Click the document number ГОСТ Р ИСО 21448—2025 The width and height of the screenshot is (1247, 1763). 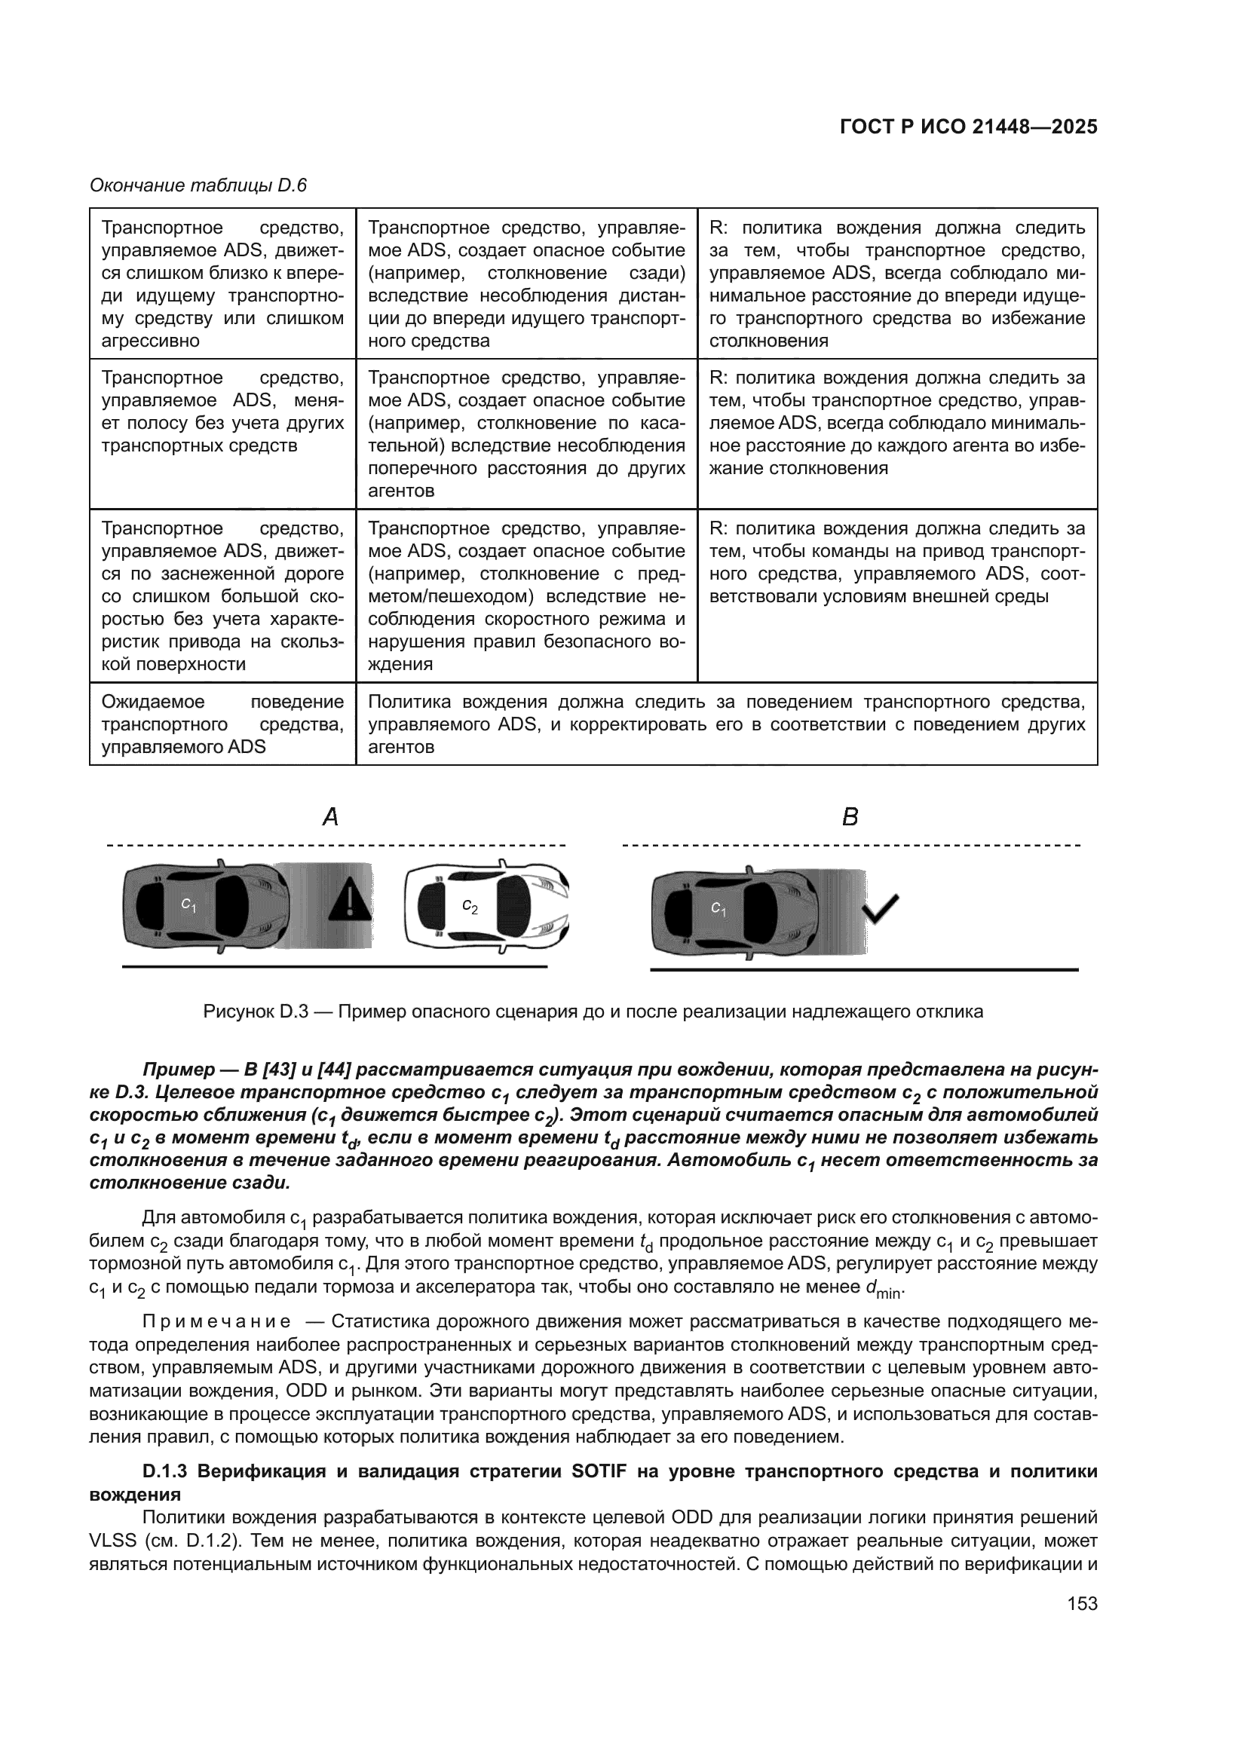point(968,127)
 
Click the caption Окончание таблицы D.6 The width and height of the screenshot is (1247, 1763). point(198,186)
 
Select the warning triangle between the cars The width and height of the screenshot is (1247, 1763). point(349,899)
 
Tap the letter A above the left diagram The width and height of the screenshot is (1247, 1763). point(330,817)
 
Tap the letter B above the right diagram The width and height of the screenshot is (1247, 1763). point(850,817)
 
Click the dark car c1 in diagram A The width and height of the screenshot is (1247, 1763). point(205,906)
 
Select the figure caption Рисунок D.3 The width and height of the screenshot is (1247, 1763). point(593,1012)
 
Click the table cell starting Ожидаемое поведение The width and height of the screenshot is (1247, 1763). point(222,724)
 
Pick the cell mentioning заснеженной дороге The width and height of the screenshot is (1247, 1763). point(222,595)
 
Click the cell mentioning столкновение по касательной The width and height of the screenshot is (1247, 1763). point(526,434)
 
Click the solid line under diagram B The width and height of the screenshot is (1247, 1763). point(864,970)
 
